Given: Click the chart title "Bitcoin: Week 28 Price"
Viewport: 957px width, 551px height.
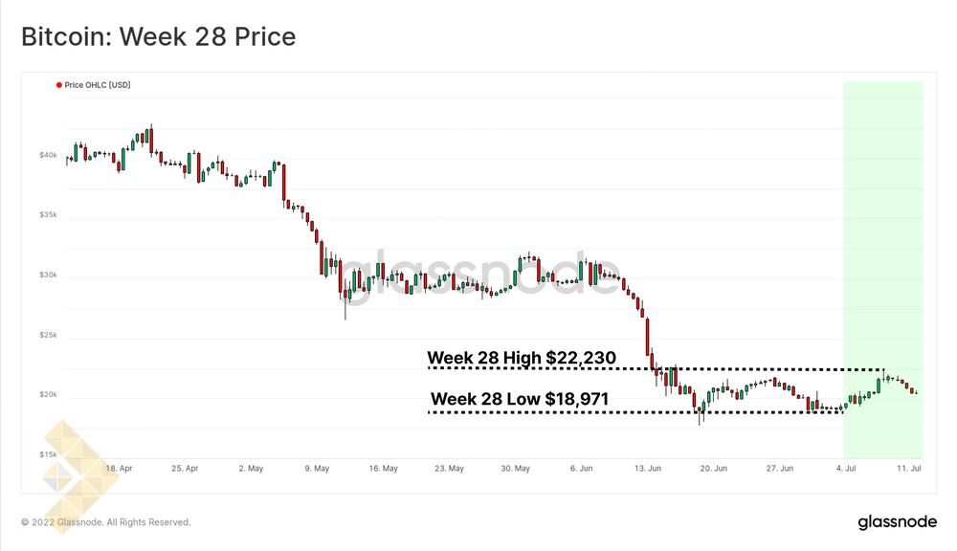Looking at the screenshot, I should [158, 37].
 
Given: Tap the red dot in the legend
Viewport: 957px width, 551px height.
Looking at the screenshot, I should [59, 85].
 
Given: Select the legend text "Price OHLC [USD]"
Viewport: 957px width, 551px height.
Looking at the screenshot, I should [98, 85].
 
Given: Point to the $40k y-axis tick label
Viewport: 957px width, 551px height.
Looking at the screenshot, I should [48, 155].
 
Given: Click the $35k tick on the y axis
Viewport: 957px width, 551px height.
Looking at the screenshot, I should [48, 215].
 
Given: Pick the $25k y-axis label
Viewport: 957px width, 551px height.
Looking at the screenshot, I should [48, 335].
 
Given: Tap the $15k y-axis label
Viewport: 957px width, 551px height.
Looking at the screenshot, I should [48, 455].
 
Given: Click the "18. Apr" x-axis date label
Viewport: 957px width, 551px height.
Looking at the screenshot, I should [119, 469].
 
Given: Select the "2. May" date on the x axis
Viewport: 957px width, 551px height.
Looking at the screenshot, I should [251, 469].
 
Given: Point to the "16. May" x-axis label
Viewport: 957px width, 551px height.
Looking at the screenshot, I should [383, 469].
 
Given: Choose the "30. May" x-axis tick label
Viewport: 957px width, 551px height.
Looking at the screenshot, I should [515, 469].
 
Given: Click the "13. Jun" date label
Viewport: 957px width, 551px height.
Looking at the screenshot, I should [648, 469].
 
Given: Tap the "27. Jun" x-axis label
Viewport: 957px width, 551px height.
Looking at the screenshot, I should [780, 469].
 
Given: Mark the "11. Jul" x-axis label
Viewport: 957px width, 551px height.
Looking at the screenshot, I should [909, 469].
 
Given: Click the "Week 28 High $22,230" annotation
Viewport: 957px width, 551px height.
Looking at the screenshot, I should [521, 358].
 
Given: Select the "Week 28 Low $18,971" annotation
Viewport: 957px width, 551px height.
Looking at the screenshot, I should [520, 399].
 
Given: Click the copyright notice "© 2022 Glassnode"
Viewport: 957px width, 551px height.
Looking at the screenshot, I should [106, 522].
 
